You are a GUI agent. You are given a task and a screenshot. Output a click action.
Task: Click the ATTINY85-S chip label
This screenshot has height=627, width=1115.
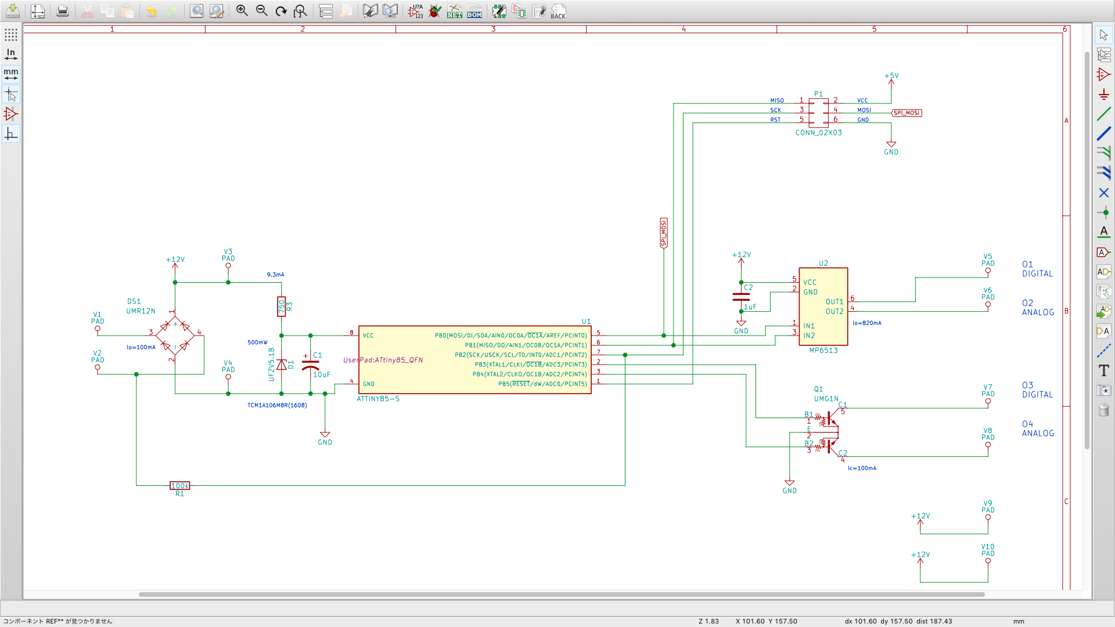[378, 399]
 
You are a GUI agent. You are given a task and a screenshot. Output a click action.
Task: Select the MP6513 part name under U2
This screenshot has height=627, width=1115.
[823, 351]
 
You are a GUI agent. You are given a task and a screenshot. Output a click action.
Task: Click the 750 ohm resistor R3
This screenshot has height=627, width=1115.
[282, 307]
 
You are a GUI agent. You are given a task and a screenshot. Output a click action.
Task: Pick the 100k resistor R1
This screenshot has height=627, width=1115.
[179, 486]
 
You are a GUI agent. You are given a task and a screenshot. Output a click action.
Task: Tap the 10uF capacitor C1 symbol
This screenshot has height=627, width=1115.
[311, 365]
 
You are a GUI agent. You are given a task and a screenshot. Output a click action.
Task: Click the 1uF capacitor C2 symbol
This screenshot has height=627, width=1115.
[741, 297]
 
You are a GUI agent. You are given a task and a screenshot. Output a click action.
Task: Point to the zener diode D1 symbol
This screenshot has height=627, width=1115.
[282, 365]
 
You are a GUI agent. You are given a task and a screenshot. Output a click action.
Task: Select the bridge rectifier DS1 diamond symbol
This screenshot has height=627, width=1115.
[175, 336]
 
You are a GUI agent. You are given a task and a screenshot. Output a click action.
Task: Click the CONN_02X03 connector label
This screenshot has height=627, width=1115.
[818, 133]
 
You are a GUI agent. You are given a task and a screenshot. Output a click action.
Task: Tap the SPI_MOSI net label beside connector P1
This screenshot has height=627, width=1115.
[907, 113]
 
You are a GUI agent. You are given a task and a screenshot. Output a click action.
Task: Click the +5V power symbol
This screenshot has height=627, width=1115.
[891, 76]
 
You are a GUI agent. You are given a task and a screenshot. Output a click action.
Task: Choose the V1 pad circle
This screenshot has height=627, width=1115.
[98, 329]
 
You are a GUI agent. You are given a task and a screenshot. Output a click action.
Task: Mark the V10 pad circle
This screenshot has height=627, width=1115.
[988, 561]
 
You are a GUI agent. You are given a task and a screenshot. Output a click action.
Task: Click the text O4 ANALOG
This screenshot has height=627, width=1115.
[1038, 429]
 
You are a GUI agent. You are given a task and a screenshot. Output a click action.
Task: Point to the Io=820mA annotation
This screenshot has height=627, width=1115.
[866, 323]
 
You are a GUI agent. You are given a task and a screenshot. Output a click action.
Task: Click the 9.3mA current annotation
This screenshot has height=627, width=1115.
[275, 275]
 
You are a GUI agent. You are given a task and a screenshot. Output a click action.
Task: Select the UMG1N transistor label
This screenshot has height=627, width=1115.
[826, 399]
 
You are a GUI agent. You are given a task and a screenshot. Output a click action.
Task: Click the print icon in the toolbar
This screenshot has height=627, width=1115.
[63, 11]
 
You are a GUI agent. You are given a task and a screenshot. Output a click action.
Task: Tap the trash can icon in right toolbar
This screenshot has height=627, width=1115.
[1103, 410]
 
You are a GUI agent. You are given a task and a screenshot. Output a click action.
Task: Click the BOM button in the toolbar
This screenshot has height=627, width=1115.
[474, 11]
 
